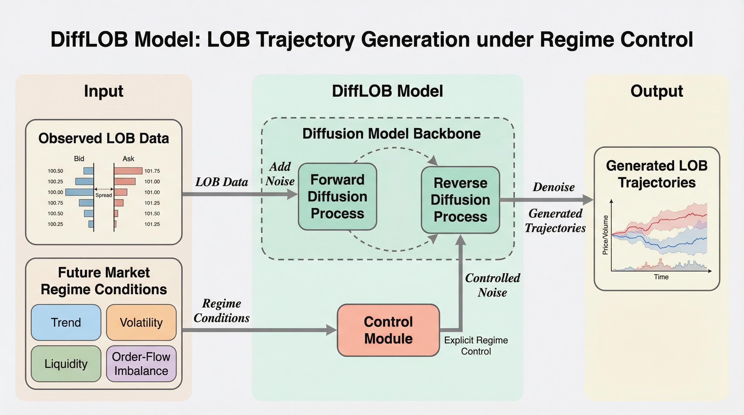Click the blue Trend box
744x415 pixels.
66,322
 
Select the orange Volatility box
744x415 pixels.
141,322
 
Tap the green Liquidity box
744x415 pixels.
66,364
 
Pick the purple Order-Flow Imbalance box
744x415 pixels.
141,364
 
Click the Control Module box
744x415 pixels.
388,330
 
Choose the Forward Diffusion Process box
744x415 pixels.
337,196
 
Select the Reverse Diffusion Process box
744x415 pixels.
460,200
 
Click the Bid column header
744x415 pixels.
79,158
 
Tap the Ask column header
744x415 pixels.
128,158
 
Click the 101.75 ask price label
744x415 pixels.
152,171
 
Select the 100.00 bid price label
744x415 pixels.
55,192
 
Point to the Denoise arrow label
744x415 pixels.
554,187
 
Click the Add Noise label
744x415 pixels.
280,174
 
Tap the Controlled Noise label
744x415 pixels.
492,285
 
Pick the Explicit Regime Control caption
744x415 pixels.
476,346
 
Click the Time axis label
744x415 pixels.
661,277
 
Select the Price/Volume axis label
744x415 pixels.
605,235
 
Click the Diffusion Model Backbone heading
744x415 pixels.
391,134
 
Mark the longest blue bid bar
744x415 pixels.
80,192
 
